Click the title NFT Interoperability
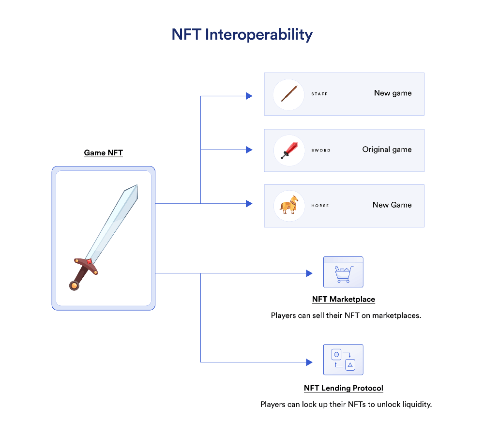coord(242,34)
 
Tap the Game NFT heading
coord(104,153)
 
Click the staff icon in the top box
coord(289,93)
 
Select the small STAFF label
coord(319,94)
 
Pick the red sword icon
coord(289,150)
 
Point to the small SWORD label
coord(321,150)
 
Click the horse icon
coord(289,205)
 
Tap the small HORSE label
coord(320,206)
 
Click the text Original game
coord(387,150)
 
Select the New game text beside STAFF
coord(393,93)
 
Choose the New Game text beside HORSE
coord(392,205)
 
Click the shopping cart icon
coord(343,274)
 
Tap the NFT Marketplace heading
coord(344,300)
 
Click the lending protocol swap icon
coord(343,360)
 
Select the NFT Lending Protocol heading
coord(344,388)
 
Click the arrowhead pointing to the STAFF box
coord(249,96)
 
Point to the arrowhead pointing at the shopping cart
coord(309,273)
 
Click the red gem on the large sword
coord(89,262)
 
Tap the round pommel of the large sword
coord(74,286)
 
